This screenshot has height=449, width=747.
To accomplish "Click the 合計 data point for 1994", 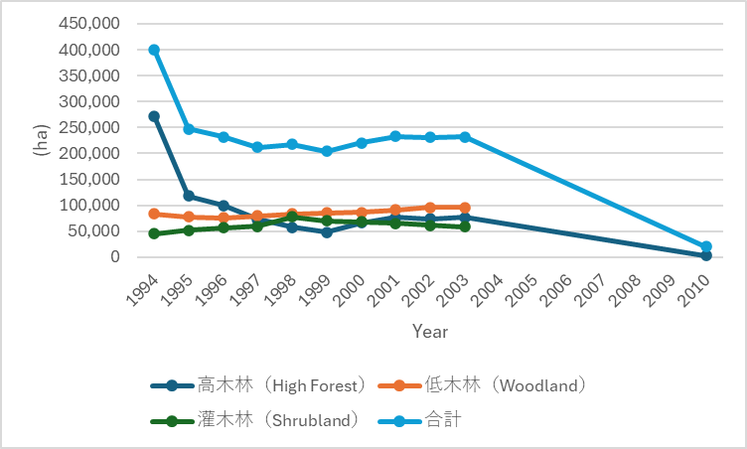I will coord(154,50).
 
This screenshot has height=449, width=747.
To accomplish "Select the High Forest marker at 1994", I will coord(154,116).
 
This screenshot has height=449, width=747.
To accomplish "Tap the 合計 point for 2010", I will coord(706,246).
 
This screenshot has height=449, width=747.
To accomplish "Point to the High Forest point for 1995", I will coord(189,196).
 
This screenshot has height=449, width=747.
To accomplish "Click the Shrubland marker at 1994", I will coord(154,233).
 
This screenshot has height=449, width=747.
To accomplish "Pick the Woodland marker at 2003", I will coord(465,208).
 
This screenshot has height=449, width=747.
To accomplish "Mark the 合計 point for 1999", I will coord(327,151).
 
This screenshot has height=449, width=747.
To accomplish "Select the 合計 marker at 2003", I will coord(465,136).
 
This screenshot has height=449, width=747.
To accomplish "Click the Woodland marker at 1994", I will coord(154,214).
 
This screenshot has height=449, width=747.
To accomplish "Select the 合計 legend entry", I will coord(443,420).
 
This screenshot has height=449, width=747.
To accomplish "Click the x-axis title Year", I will coord(430,332).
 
